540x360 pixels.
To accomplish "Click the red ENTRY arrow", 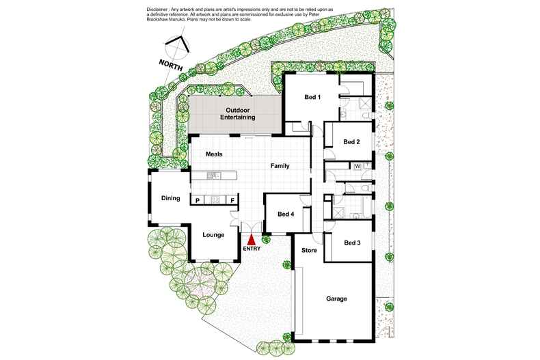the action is (252, 239).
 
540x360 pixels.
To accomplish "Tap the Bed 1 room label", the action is (312, 97).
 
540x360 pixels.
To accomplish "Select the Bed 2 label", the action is (351, 142).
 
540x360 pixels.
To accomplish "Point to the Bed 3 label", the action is (352, 243).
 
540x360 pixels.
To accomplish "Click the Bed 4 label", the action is (286, 214).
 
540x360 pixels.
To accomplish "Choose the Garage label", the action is (336, 299).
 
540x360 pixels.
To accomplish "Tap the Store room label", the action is (309, 250).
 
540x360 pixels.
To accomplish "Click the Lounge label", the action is (213, 235).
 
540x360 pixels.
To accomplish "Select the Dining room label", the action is (171, 198).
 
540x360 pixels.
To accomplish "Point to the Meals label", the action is (214, 154).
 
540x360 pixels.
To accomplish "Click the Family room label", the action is (280, 166).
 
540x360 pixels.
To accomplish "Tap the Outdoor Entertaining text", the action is (238, 113).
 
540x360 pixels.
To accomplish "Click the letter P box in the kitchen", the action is (198, 200).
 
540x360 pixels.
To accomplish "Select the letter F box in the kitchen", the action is (232, 200).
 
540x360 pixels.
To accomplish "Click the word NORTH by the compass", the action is (170, 65).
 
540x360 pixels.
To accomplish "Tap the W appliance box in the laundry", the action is (357, 166).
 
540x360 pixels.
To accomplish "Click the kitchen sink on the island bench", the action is (213, 176).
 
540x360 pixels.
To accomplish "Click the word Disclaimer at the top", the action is (157, 10).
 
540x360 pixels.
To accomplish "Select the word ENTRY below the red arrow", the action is (252, 249).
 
